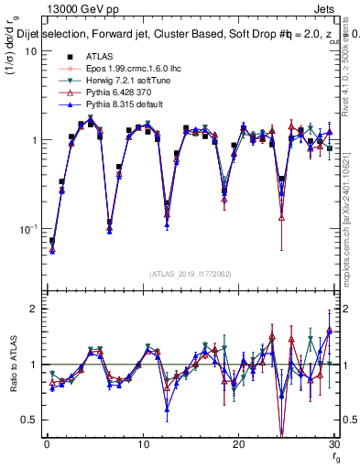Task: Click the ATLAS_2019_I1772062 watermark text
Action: (189, 273)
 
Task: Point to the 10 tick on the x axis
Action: (142, 446)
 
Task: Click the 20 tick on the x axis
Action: (238, 446)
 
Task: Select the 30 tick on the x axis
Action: (333, 446)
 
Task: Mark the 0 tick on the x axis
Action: (47, 446)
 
